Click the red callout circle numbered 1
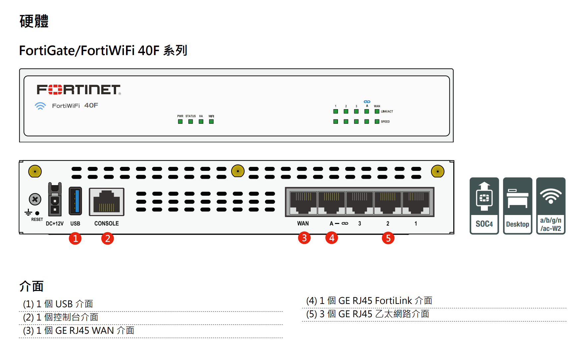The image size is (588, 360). point(75,238)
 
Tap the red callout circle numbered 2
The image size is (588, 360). point(107,238)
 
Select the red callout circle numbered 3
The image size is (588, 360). point(304,238)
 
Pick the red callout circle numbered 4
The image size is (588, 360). point(332,238)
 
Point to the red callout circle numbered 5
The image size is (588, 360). point(388,238)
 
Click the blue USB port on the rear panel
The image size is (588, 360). point(75,201)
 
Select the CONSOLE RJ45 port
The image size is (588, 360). point(106,202)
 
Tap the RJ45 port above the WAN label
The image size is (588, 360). point(303,202)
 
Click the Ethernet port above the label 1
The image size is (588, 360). point(416,202)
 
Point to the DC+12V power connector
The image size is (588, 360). point(55,199)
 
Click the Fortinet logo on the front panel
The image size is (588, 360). point(79,90)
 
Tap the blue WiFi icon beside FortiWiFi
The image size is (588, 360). point(40,106)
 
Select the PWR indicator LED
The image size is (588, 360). point(180,121)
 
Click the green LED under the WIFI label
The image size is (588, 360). point(211,121)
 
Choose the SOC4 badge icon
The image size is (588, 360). point(484,206)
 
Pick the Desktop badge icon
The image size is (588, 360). point(517,206)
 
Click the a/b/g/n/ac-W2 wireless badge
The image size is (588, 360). point(551,206)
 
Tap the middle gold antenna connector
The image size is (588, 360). point(238,171)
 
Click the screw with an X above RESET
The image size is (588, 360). point(35,199)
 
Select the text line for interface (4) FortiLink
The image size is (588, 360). point(369,301)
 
